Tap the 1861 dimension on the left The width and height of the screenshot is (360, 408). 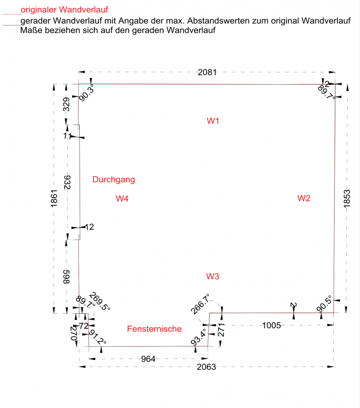tap(54, 199)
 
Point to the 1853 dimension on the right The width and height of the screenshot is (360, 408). tap(347, 199)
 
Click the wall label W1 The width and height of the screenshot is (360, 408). tap(213, 121)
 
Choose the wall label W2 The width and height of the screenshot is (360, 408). tap(304, 198)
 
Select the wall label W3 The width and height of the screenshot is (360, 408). tap(213, 276)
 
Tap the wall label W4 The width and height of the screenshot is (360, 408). tap(122, 198)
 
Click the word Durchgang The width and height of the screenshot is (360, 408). tap(113, 180)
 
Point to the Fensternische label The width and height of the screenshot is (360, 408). tap(154, 329)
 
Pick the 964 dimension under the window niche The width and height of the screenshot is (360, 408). tap(148, 359)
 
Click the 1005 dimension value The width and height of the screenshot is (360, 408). tap(272, 325)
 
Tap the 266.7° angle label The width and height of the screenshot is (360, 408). tap(200, 304)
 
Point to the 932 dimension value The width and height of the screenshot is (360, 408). tap(67, 182)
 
